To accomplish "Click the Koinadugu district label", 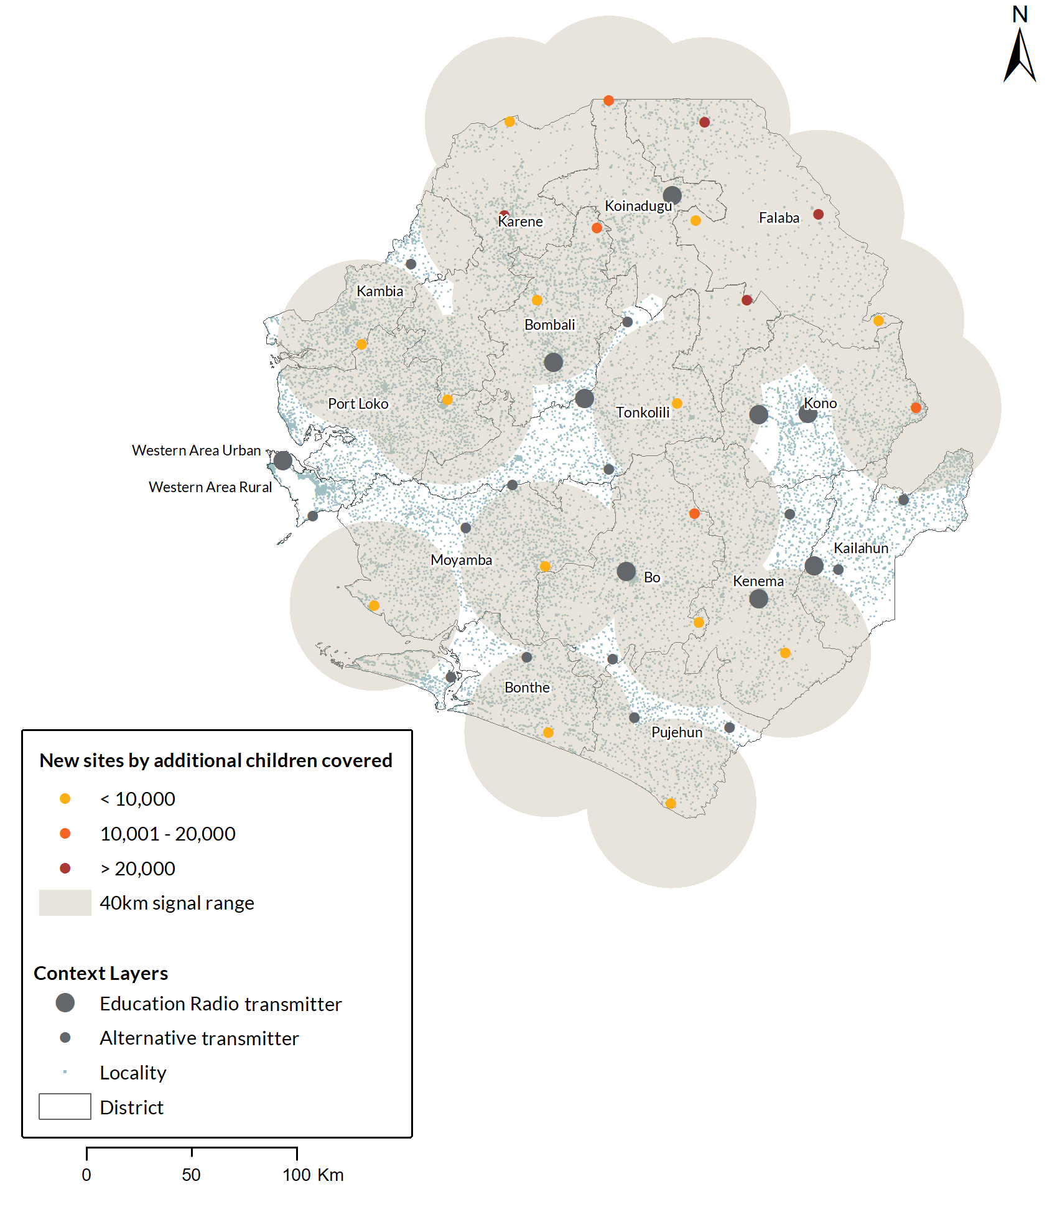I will click(638, 206).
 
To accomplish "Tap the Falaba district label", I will click(779, 218).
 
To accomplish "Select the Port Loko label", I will click(358, 404).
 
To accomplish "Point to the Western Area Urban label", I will click(196, 450).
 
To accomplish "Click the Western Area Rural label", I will click(210, 487).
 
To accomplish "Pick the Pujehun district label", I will click(677, 732).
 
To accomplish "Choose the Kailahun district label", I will click(861, 548).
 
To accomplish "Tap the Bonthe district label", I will click(527, 687).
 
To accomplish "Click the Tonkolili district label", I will click(643, 412).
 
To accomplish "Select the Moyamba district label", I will click(461, 560).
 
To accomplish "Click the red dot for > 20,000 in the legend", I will click(65, 868).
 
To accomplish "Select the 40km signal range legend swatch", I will click(65, 903).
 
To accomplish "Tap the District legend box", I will click(65, 1107).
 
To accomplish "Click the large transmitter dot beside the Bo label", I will click(626, 571).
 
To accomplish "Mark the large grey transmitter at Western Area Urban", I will click(283, 460).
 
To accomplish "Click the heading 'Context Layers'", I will click(101, 973).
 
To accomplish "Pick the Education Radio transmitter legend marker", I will click(65, 1002).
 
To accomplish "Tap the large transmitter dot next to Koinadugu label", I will click(672, 195).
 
